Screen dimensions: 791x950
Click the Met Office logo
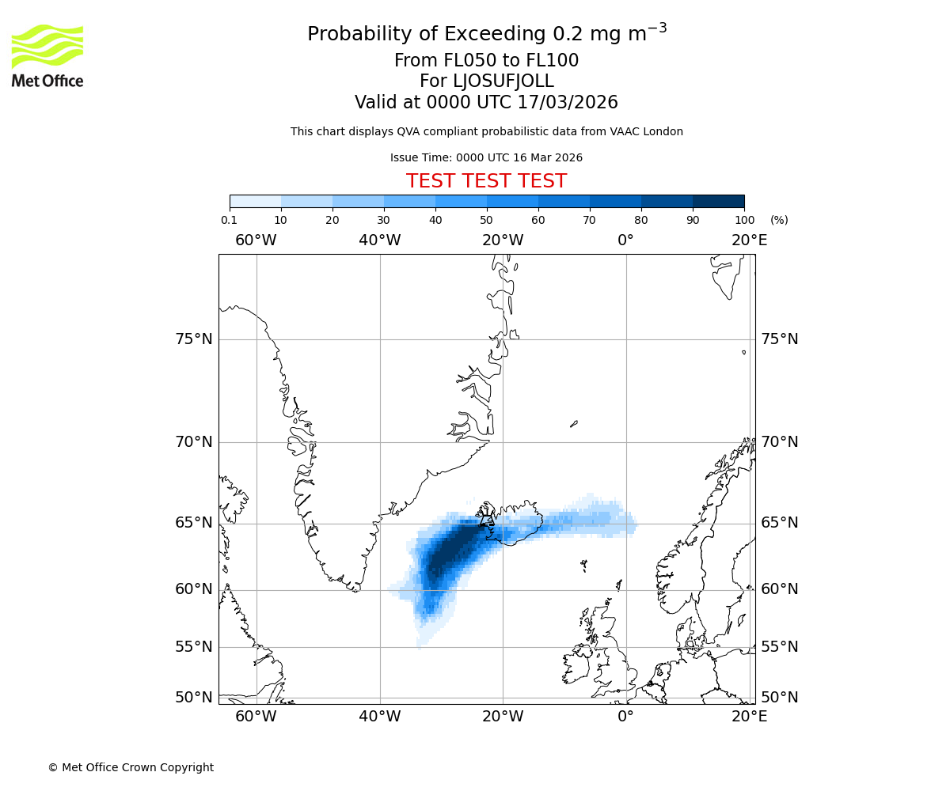pyautogui.click(x=47, y=55)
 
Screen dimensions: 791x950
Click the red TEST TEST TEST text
pyautogui.click(x=486, y=181)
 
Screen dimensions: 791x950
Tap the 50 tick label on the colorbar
pyautogui.click(x=487, y=220)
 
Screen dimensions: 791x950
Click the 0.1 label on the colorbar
pyautogui.click(x=229, y=220)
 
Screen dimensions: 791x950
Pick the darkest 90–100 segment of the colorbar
pyautogui.click(x=718, y=201)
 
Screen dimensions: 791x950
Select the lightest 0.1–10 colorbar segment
pyautogui.click(x=255, y=201)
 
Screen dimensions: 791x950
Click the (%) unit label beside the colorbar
pyautogui.click(x=779, y=220)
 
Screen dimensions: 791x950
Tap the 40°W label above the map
pyautogui.click(x=379, y=240)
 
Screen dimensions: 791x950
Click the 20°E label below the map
pyautogui.click(x=749, y=717)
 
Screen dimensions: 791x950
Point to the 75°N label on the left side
pyautogui.click(x=193, y=339)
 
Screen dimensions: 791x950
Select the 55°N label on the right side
pyautogui.click(x=779, y=647)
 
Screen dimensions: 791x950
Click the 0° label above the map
pyautogui.click(x=625, y=240)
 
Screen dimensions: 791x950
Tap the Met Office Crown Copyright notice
pyautogui.click(x=131, y=767)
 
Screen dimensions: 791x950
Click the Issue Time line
pyautogui.click(x=486, y=157)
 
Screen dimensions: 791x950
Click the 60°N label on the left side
pyautogui.click(x=193, y=589)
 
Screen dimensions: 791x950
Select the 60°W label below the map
pyautogui.click(x=256, y=717)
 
